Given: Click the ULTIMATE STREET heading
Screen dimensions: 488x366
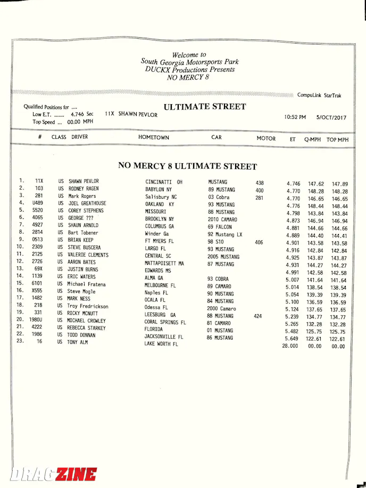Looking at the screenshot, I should tap(205, 107).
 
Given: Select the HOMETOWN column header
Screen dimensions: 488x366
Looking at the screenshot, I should tap(154, 138).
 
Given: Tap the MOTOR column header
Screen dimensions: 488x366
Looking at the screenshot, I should tap(266, 138).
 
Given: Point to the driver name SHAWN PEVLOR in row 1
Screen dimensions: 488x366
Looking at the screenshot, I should tap(84, 181).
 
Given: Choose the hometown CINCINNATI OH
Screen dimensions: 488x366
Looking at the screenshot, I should tap(164, 182).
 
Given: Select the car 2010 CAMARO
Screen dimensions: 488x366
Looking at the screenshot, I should tap(222, 220).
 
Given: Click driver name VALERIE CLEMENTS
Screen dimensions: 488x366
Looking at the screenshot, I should tap(88, 255).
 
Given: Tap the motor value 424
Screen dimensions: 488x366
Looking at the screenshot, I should tap(259, 316).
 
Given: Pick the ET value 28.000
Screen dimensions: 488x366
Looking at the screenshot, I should tap(290, 346).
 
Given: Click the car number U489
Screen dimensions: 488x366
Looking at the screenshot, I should tap(37, 203).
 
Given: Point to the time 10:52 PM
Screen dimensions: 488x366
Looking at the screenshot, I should tap(295, 117).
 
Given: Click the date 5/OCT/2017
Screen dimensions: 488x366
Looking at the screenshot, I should tap(331, 117).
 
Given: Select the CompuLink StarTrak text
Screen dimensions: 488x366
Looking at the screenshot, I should tap(319, 96).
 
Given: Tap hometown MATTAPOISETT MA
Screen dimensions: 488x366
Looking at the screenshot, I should tap(164, 264).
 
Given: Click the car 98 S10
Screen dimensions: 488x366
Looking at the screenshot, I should tap(216, 242).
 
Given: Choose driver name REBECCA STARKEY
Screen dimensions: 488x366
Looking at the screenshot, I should tap(87, 328).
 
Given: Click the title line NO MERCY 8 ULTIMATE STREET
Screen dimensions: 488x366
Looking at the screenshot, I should tap(187, 166).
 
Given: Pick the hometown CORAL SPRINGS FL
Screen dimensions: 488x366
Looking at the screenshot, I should tap(165, 322).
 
